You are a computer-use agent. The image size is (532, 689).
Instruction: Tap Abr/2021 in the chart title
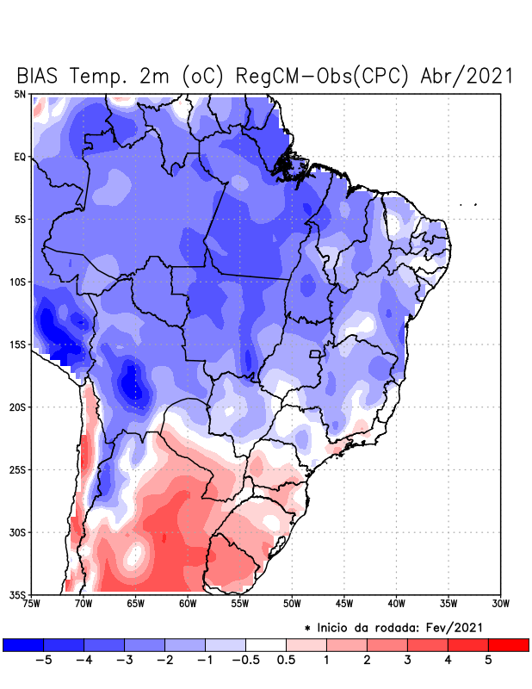click(467, 76)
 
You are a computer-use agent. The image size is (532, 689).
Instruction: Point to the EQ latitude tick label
click(20, 157)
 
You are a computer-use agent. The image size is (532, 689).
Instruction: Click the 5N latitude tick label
click(20, 94)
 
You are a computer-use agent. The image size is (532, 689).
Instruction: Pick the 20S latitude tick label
click(18, 407)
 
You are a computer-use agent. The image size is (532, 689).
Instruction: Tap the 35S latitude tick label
click(18, 595)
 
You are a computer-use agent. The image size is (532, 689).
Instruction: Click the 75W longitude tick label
click(32, 604)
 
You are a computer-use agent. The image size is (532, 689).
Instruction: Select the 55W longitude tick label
click(240, 604)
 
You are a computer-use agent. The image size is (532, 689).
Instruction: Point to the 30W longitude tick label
click(501, 604)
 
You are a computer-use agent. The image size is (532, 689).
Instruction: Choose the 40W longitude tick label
click(397, 604)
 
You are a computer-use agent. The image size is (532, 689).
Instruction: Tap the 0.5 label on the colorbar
click(286, 661)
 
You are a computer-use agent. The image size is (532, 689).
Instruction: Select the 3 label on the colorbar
click(407, 661)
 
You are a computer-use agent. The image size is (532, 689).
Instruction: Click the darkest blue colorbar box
click(23, 644)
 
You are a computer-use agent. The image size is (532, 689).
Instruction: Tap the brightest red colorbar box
click(508, 644)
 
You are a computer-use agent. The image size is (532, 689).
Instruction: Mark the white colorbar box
click(266, 644)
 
